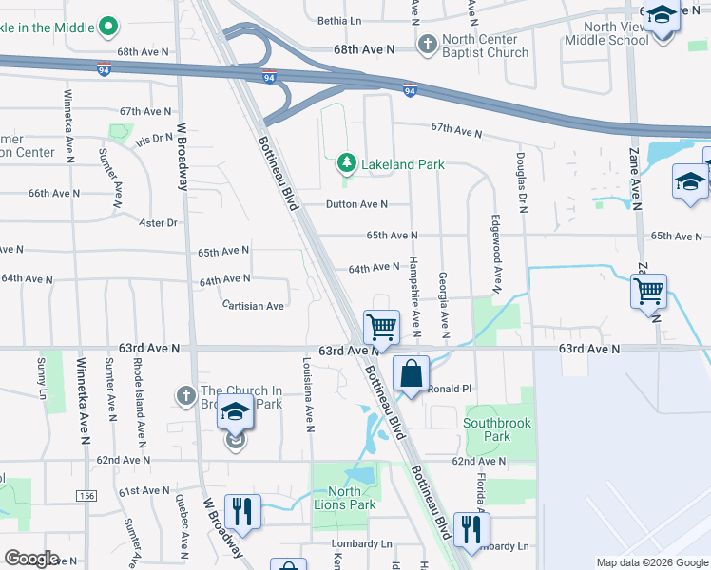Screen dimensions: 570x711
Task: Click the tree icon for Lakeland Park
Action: (347, 164)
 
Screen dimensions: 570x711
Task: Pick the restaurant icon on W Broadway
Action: (242, 511)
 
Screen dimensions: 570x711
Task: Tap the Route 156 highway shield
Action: (86, 496)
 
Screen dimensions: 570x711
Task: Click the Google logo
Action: (30, 559)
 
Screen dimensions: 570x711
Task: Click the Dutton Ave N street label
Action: (356, 204)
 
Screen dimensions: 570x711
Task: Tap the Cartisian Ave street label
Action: (252, 306)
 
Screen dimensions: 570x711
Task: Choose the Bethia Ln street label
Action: (340, 20)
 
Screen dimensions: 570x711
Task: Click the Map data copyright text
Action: (651, 562)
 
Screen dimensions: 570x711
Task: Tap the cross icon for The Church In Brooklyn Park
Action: (186, 393)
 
